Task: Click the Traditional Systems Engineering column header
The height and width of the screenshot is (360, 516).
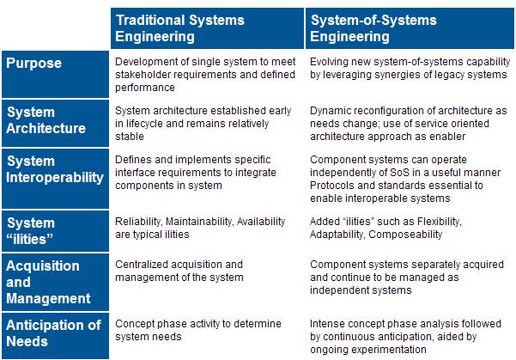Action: (179, 28)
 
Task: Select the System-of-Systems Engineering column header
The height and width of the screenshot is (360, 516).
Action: (373, 28)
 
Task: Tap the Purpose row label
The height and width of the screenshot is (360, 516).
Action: (33, 63)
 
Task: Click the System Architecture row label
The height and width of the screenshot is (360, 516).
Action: (46, 120)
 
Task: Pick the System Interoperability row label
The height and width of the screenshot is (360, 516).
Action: (55, 169)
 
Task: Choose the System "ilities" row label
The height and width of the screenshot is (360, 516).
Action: (30, 231)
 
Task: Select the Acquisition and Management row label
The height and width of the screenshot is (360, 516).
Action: (48, 282)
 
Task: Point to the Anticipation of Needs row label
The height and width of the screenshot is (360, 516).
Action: (53, 333)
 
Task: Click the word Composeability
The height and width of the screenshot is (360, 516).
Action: (405, 235)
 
